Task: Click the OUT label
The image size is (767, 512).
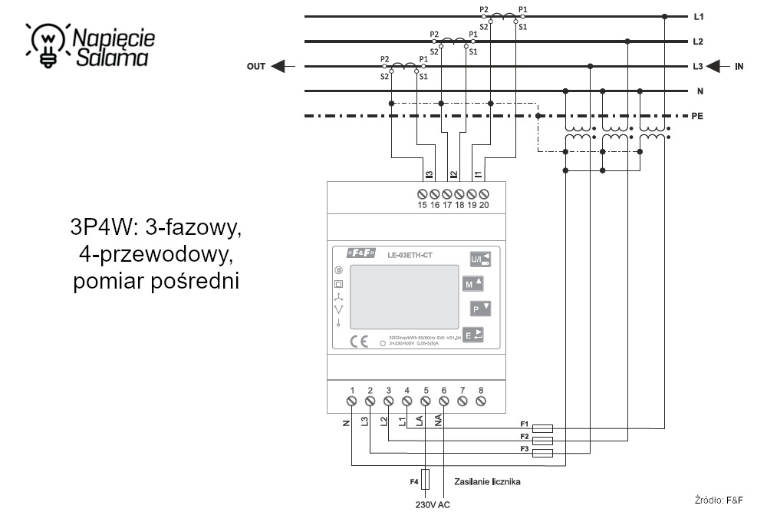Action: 256,67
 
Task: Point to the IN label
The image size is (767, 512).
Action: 739,67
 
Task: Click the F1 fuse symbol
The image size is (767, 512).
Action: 542,428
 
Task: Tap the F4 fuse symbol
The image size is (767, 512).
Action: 426,480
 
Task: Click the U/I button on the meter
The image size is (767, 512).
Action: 479,259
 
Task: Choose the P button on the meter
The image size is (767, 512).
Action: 479,309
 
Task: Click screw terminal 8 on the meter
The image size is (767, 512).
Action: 481,401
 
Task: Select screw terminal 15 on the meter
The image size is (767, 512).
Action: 422,193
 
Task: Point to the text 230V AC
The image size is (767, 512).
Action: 433,504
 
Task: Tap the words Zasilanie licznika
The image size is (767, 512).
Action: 488,481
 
